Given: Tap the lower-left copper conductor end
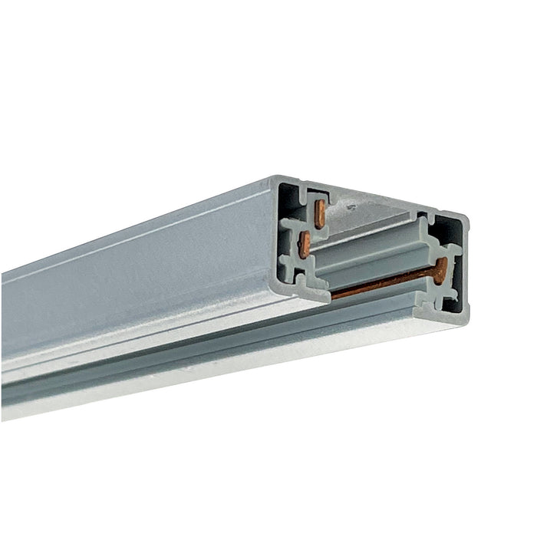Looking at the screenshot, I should [x=305, y=245].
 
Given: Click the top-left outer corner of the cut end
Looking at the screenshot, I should [x=274, y=178].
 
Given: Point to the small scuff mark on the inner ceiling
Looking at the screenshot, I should [x=352, y=206].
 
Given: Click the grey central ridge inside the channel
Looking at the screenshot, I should [x=368, y=245].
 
